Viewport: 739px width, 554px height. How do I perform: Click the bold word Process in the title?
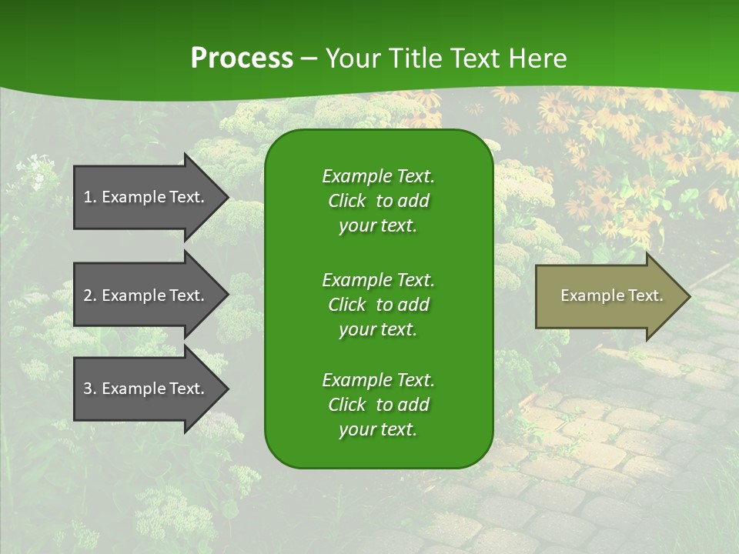click(242, 58)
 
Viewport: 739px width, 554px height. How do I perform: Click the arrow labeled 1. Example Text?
click(146, 197)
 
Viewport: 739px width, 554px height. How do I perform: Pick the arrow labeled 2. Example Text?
click(146, 295)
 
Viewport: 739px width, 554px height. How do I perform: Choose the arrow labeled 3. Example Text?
click(146, 389)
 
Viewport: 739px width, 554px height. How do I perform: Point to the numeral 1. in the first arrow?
click(90, 197)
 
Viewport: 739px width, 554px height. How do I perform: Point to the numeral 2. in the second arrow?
click(90, 295)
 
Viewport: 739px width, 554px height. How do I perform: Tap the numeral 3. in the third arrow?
click(90, 389)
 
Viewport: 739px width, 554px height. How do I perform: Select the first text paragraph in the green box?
click(378, 201)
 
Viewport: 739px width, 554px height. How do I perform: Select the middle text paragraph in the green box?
click(378, 304)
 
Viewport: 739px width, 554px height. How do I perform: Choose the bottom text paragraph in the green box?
click(378, 405)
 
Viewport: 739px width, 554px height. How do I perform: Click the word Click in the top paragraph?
click(346, 201)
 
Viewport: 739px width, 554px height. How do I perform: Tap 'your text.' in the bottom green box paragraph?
click(378, 429)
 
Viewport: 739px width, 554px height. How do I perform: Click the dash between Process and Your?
click(309, 59)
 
